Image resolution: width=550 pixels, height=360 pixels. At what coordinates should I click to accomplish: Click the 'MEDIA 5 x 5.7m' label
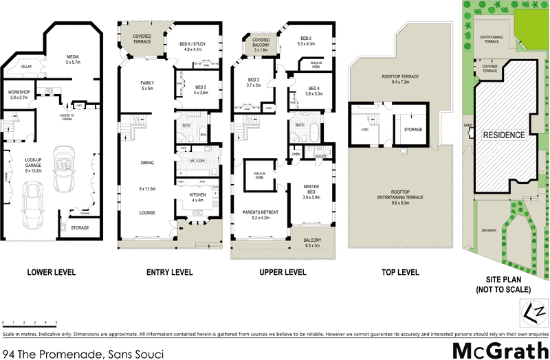[74, 60]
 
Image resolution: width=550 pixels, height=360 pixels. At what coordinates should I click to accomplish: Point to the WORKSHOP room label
[18, 95]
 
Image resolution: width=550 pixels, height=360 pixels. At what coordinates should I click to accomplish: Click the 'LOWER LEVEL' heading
[52, 273]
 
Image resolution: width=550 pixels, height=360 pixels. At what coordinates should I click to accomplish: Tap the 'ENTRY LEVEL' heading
[169, 273]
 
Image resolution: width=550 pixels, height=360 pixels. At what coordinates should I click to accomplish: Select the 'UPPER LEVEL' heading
[282, 273]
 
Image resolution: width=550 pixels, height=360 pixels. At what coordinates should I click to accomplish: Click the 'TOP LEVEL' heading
[399, 273]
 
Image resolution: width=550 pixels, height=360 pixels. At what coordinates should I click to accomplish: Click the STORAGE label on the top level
[412, 129]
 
